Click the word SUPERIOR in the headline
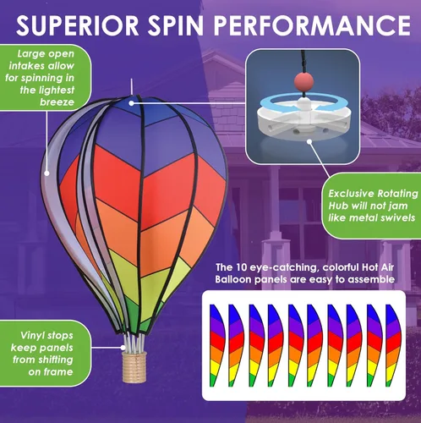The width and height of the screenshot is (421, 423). coord(78,25)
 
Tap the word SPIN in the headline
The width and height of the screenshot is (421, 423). coord(176,25)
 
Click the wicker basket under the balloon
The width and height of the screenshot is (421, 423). coord(134,366)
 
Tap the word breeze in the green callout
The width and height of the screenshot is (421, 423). coord(57,102)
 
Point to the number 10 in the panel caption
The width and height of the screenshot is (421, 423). coord(241,267)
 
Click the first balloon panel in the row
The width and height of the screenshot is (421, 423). coord(217,345)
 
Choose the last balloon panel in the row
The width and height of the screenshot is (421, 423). coord(393,345)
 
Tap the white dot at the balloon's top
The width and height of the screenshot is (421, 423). coord(131,103)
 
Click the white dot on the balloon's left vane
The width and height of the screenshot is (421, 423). coord(47,173)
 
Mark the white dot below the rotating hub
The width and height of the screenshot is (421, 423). coord(309,141)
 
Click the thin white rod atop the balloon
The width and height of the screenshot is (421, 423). coord(131,87)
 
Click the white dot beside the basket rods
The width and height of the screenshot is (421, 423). coord(123,348)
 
